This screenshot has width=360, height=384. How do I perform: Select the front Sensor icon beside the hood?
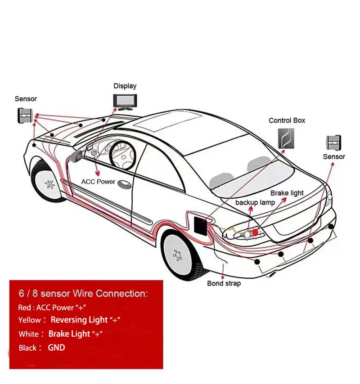(26, 116)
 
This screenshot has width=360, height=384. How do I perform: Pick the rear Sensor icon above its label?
(333, 143)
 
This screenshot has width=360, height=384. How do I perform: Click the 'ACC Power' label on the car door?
(98, 182)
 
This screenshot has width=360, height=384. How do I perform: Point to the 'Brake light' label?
(287, 193)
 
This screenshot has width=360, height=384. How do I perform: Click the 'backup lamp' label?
(255, 202)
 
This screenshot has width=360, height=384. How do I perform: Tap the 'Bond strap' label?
(224, 283)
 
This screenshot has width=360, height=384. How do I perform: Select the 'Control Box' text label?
(287, 120)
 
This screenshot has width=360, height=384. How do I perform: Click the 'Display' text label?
(125, 86)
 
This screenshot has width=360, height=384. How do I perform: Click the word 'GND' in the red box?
(56, 347)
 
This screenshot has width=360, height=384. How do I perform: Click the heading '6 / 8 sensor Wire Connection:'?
(83, 294)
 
